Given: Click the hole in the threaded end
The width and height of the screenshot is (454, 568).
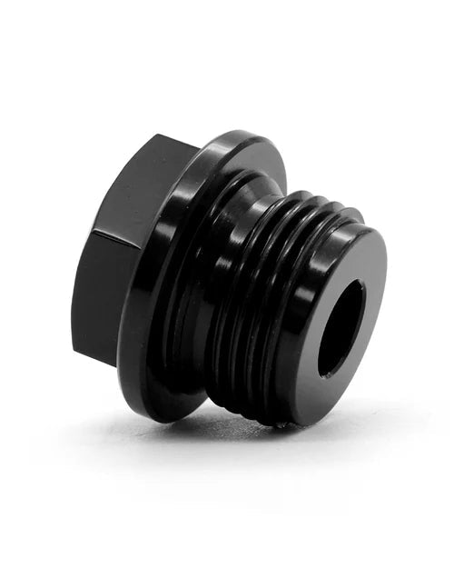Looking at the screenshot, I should tap(341, 328).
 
